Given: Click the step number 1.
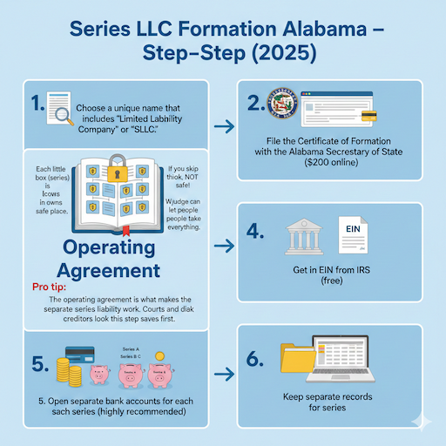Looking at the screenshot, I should tap(37, 106).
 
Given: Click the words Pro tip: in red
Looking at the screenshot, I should tap(51, 285).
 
